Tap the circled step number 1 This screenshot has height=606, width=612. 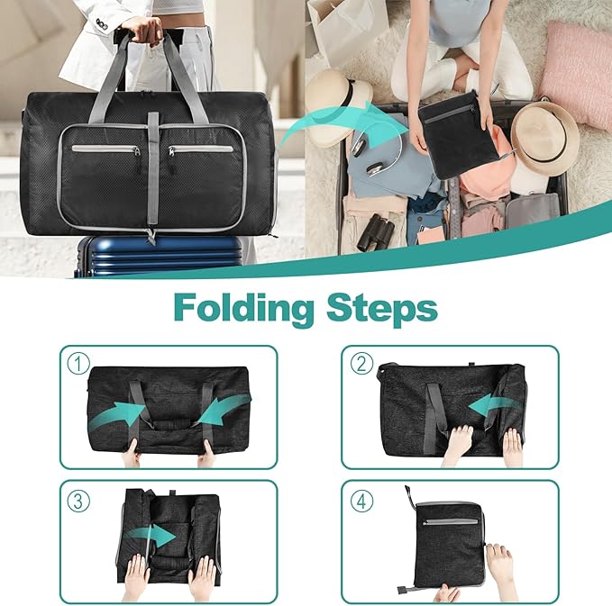click(78, 364)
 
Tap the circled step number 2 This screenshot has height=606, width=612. click(361, 364)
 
